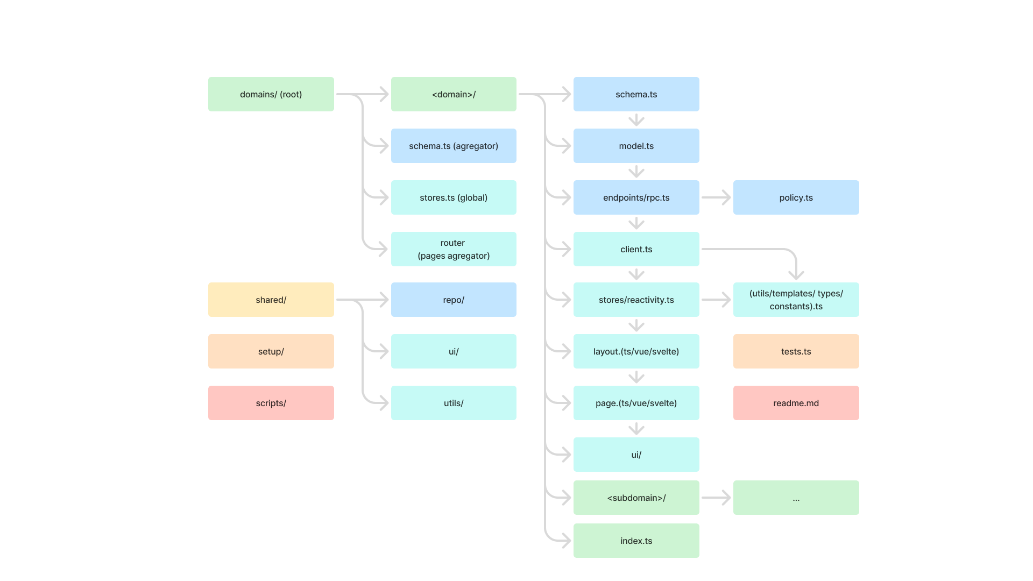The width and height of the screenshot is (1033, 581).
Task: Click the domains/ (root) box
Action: [x=271, y=94]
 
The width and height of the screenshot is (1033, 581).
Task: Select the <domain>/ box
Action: [x=454, y=94]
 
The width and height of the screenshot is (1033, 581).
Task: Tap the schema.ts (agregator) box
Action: [x=454, y=146]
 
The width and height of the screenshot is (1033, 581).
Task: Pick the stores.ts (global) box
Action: [x=454, y=197]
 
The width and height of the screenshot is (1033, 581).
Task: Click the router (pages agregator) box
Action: [x=454, y=249]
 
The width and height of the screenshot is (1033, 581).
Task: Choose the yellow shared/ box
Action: [x=271, y=300]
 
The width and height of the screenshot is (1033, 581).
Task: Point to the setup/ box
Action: [x=271, y=351]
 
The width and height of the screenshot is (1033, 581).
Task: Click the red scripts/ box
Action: [x=271, y=403]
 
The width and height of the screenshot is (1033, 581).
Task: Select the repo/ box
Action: [x=454, y=300]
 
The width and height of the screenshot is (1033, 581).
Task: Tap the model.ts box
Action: [x=636, y=146]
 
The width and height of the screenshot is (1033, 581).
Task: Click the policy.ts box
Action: [x=796, y=197]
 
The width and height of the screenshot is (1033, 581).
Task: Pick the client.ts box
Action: [x=636, y=249]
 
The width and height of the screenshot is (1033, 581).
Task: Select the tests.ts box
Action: [x=796, y=351]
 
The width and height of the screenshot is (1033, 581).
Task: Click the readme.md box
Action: [x=796, y=403]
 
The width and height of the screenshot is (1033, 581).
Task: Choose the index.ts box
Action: [x=636, y=541]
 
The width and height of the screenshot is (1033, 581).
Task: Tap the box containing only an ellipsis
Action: [x=796, y=498]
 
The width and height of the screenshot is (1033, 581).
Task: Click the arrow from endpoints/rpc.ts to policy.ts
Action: [x=716, y=197]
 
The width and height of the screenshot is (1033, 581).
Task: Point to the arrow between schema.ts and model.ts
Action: [x=636, y=119]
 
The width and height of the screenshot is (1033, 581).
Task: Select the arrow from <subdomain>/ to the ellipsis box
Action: [x=716, y=498]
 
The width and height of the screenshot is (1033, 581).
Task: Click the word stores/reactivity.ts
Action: [x=636, y=300]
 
